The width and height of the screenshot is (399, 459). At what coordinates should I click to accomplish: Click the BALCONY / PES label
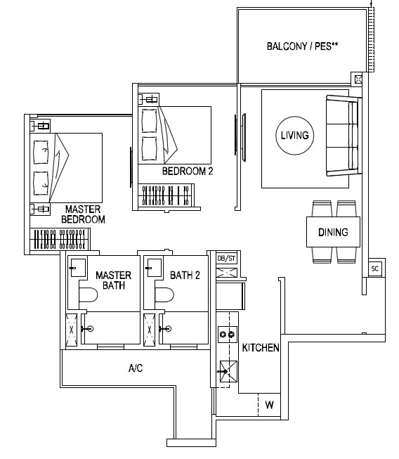pyautogui.click(x=302, y=46)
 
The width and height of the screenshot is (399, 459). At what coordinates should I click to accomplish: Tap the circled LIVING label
pyautogui.click(x=294, y=135)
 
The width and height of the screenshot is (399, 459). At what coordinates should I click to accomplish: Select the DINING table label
pyautogui.click(x=333, y=232)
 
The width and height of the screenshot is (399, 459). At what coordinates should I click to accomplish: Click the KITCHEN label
pyautogui.click(x=261, y=347)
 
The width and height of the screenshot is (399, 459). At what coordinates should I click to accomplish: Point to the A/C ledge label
pyautogui.click(x=136, y=368)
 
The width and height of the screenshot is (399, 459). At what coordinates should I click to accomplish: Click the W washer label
pyautogui.click(x=269, y=405)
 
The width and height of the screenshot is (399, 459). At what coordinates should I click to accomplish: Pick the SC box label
pyautogui.click(x=374, y=268)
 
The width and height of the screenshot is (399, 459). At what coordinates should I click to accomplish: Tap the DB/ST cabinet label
pyautogui.click(x=226, y=259)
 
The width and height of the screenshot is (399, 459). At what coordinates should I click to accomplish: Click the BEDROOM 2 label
pyautogui.click(x=188, y=171)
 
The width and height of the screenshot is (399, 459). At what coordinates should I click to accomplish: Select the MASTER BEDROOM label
pyautogui.click(x=83, y=214)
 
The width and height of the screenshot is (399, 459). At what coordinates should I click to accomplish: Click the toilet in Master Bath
pyautogui.click(x=88, y=295)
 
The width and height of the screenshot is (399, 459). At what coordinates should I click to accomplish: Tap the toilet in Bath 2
pyautogui.click(x=164, y=295)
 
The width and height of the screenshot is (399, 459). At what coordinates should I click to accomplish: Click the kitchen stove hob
pyautogui.click(x=228, y=335)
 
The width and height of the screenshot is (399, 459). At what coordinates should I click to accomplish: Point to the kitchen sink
pyautogui.click(x=228, y=371)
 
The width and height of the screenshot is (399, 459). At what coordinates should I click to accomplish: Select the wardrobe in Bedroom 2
pyautogui.click(x=166, y=195)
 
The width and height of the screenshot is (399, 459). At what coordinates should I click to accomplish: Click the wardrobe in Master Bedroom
pyautogui.click(x=60, y=239)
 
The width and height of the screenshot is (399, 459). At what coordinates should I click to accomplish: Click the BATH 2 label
pyautogui.click(x=185, y=275)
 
